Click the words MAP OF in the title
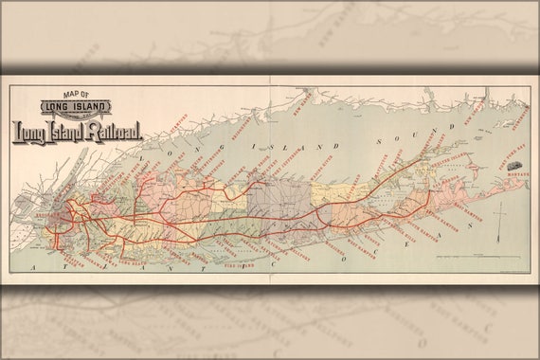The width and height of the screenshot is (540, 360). (x=75, y=94)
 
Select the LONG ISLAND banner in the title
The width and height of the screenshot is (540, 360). (x=76, y=107)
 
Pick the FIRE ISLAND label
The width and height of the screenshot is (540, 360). (x=233, y=266)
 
